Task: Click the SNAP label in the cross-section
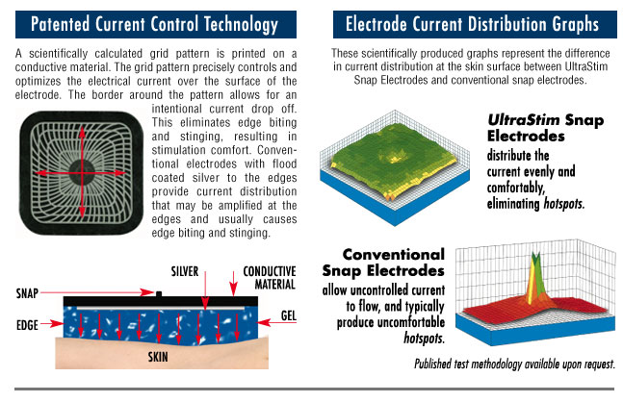27,293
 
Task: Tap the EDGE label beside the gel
27,325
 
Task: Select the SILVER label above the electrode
185,271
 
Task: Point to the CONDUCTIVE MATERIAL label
270,278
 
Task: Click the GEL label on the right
289,315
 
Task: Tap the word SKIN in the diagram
158,357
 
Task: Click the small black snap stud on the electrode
159,294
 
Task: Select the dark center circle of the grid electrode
82,172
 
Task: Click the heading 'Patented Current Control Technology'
154,24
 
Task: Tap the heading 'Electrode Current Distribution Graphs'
472,24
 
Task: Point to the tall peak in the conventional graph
535,280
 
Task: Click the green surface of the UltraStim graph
394,159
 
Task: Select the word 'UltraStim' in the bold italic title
524,119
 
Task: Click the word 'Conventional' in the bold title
394,254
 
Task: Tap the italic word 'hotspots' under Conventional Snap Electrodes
423,339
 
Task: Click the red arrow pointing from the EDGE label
52,324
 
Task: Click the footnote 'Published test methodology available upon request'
514,364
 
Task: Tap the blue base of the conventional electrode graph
532,329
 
